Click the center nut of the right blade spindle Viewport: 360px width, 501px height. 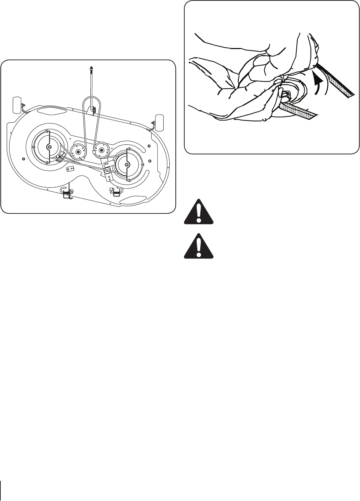[126, 164]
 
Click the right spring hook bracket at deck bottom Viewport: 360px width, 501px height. [115, 192]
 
